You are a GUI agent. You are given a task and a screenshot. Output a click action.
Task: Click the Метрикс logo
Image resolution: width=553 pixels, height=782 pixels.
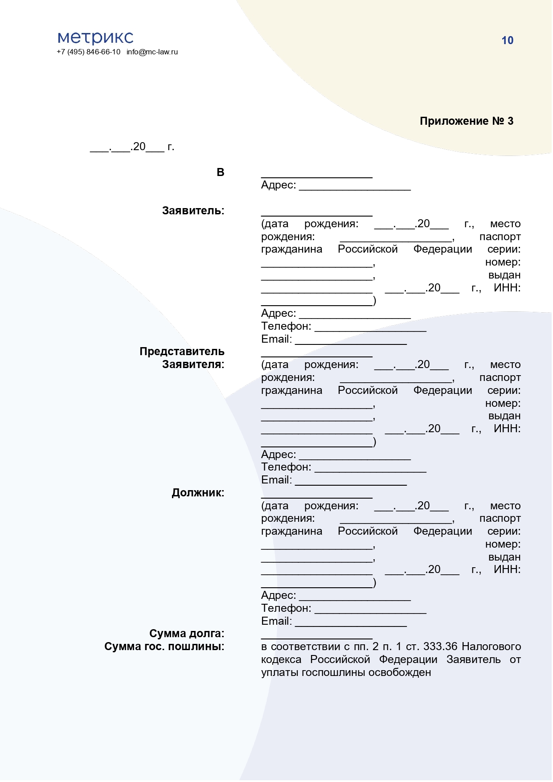tap(95, 37)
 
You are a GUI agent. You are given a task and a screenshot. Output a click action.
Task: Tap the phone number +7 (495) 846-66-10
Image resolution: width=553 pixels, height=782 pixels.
tap(88, 52)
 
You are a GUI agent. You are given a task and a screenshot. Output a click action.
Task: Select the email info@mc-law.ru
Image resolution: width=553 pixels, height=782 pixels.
tap(152, 52)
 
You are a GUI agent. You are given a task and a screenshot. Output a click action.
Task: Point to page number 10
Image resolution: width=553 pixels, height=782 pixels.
tap(507, 41)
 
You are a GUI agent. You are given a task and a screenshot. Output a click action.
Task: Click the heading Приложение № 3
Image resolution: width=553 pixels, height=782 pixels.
tap(466, 121)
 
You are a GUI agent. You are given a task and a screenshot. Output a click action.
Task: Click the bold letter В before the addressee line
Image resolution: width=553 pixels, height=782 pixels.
tap(220, 172)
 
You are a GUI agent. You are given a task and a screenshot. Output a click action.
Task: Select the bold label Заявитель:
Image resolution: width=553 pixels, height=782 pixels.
tap(193, 211)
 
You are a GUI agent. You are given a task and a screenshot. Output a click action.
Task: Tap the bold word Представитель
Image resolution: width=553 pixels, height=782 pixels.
tap(182, 352)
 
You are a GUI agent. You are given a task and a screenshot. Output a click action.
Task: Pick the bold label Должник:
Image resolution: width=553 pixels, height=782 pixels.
tap(198, 493)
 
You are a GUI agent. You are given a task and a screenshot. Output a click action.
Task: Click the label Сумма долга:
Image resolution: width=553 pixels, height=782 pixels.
tap(187, 634)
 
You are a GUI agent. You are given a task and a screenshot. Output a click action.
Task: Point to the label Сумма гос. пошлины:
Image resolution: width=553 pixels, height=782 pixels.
tap(164, 647)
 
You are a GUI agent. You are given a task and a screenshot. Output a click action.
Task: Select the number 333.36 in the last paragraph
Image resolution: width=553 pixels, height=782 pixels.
tap(440, 647)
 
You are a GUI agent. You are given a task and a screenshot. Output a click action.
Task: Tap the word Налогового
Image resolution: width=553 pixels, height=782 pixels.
tap(491, 647)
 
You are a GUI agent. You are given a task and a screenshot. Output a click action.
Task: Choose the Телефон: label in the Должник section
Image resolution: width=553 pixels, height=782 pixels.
tap(286, 608)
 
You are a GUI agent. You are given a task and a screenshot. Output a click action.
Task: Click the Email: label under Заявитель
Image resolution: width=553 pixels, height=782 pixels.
tap(276, 339)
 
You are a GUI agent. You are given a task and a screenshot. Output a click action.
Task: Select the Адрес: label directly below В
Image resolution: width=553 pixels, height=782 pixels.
tap(279, 185)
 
